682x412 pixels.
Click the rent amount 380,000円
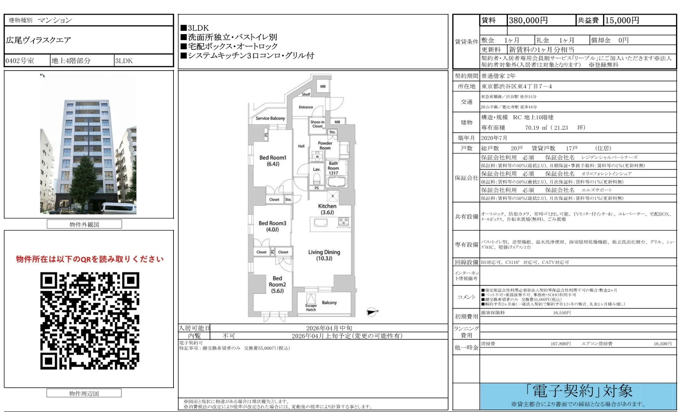[528, 21]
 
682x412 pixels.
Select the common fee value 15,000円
[622, 21]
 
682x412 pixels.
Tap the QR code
[90, 321]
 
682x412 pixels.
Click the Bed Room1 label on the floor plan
[273, 161]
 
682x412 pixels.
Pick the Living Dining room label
[324, 255]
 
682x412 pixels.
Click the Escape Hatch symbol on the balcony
[311, 299]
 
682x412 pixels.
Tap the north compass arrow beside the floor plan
[372, 312]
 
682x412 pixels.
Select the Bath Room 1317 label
[333, 168]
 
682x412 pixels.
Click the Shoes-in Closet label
[317, 124]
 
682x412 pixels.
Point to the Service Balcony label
[270, 118]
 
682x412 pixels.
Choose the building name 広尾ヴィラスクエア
[38, 40]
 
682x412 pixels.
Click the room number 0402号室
[20, 61]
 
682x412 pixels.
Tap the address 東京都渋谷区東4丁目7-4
[516, 87]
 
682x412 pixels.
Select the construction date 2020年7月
[494, 138]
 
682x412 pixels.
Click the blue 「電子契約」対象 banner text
[579, 391]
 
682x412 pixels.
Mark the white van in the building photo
[118, 208]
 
